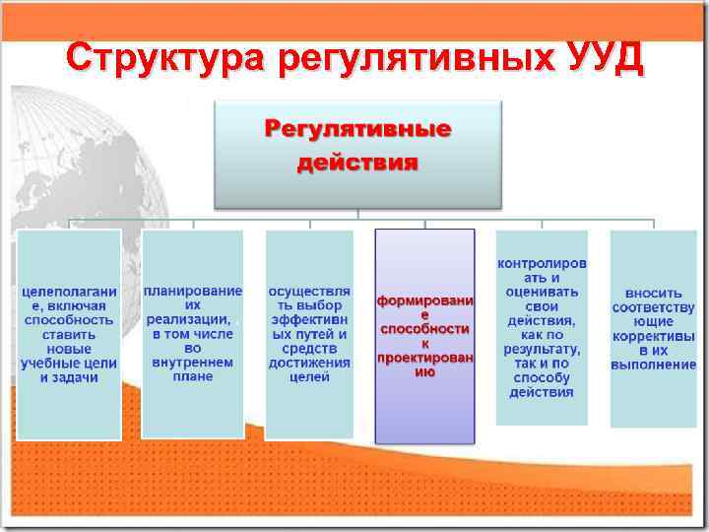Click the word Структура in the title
(x=166, y=57)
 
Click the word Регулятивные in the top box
(x=358, y=129)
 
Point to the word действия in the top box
(x=358, y=161)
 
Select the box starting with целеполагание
(x=69, y=334)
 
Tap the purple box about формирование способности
(x=424, y=336)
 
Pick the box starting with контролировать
(x=541, y=327)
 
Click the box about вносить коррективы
(x=653, y=328)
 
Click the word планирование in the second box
(x=193, y=292)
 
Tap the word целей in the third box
(x=309, y=377)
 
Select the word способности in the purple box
(x=424, y=328)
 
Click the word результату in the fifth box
(x=541, y=349)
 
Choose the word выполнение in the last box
(x=653, y=365)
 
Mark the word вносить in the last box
(x=653, y=293)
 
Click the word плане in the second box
(x=193, y=376)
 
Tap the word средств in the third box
(x=309, y=349)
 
